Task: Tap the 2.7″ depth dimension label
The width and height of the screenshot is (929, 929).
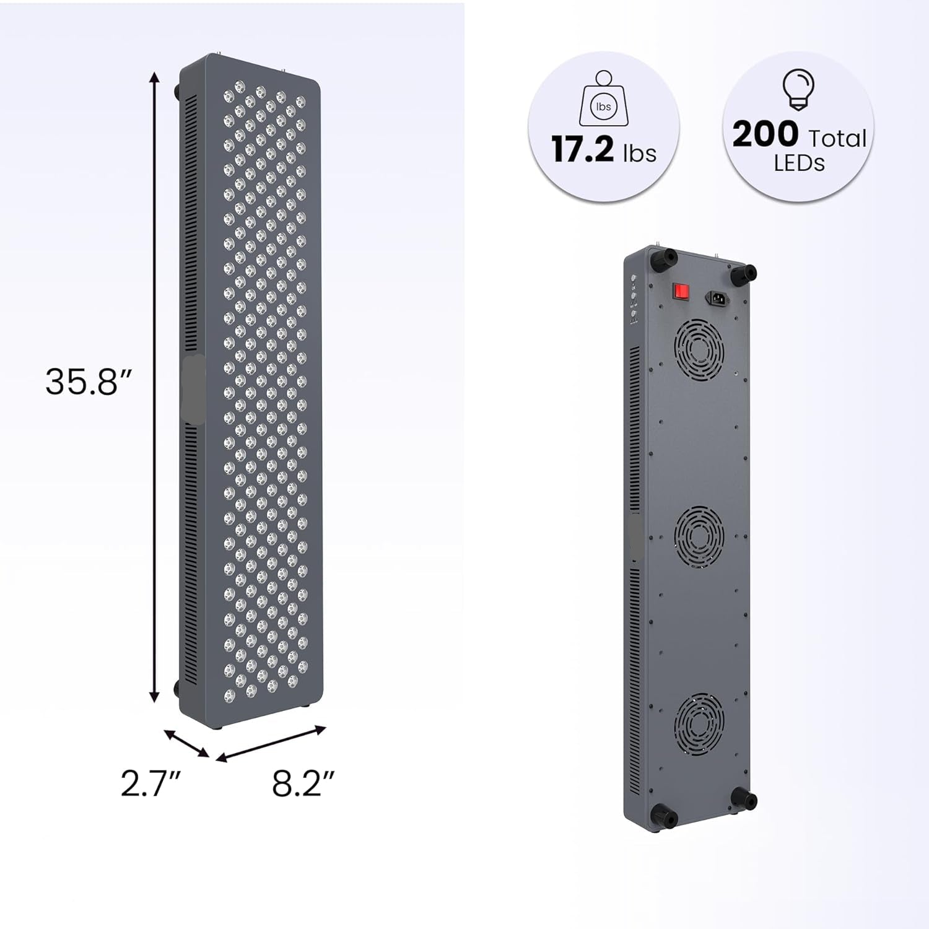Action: click(x=151, y=784)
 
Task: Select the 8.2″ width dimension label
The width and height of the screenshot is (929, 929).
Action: click(x=303, y=784)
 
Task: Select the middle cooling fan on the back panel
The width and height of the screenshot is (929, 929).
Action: click(x=699, y=533)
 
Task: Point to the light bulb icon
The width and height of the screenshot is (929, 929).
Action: click(x=798, y=90)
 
